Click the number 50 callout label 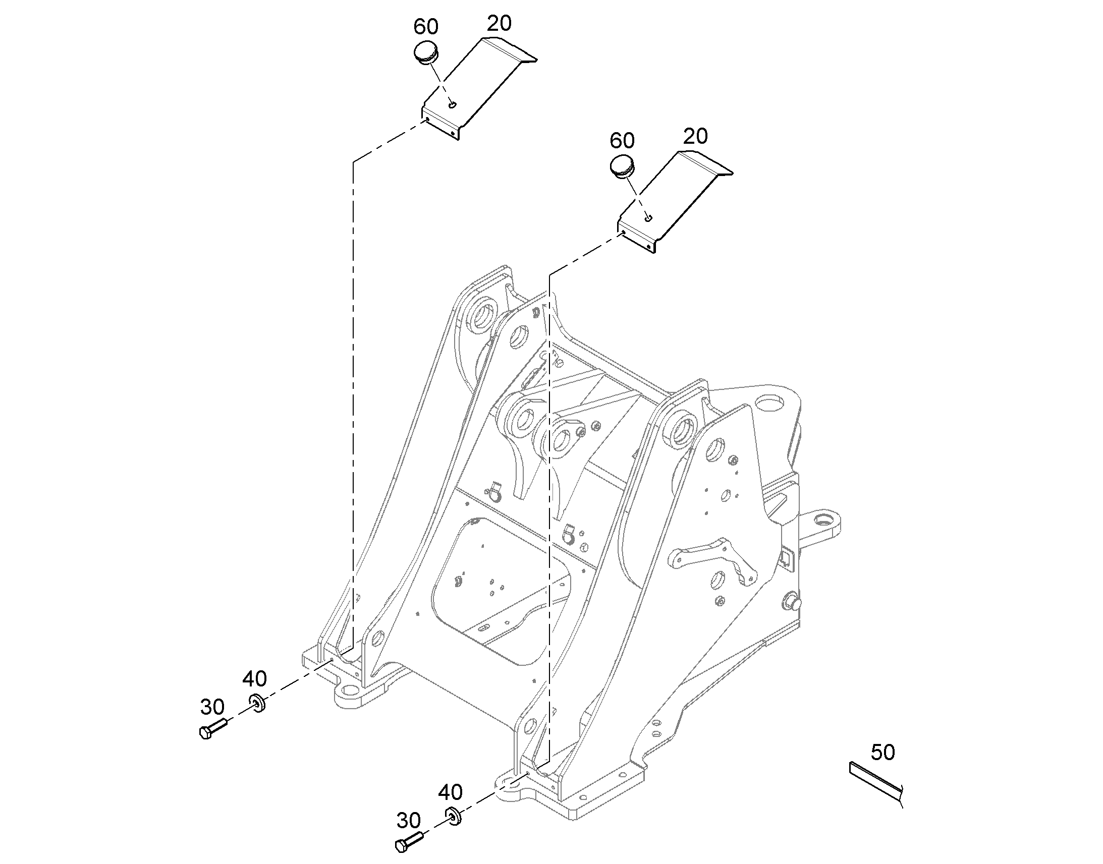[883, 753]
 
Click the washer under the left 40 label [257, 703]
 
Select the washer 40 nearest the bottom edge [453, 817]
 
